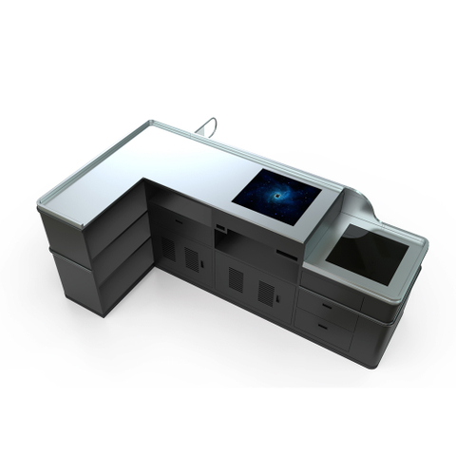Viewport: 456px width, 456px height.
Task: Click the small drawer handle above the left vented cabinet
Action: click(x=179, y=223)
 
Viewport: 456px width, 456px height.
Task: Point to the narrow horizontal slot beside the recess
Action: click(x=286, y=255)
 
